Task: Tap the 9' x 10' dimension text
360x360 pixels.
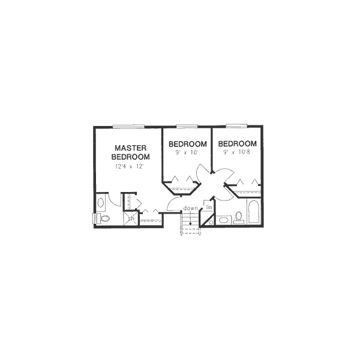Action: pos(187,153)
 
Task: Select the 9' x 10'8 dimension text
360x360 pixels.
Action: pos(237,153)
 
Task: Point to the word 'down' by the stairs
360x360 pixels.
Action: pos(191,208)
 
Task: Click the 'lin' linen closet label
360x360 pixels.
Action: pos(209,208)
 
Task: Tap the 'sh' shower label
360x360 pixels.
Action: pos(130,218)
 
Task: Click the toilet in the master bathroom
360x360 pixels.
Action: pos(101,218)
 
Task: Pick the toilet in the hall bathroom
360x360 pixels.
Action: pos(238,217)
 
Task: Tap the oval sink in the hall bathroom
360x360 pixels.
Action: pos(222,221)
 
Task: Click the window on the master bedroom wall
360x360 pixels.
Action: pos(128,126)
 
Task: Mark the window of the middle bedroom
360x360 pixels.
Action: pos(187,126)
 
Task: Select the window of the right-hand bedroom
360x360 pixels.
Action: pos(236,126)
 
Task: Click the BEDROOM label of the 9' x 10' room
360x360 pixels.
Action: pos(187,144)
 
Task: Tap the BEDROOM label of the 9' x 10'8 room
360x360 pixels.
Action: pos(238,144)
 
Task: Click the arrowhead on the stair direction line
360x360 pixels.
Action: pos(191,224)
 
